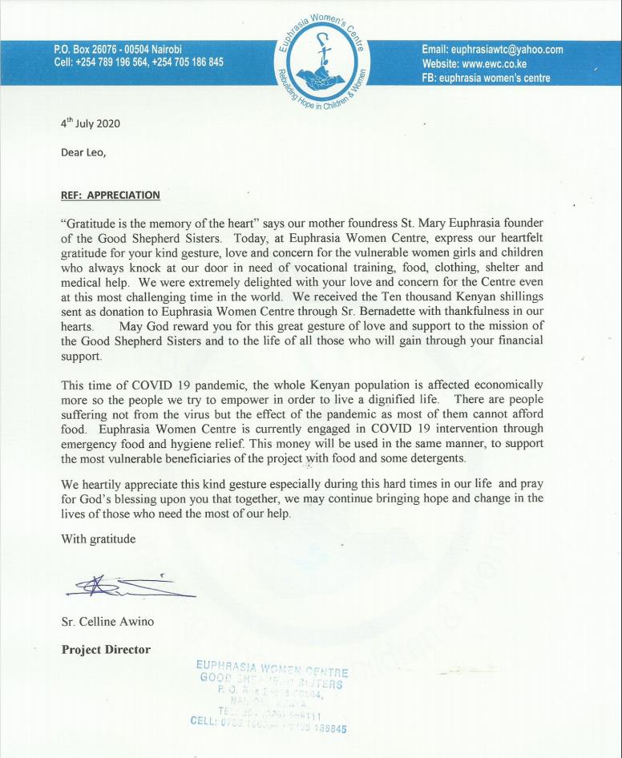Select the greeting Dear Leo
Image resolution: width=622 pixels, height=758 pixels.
pos(83,155)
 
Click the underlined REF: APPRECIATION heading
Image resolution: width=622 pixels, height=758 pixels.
pos(111,195)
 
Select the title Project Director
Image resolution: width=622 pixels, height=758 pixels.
pos(106,650)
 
